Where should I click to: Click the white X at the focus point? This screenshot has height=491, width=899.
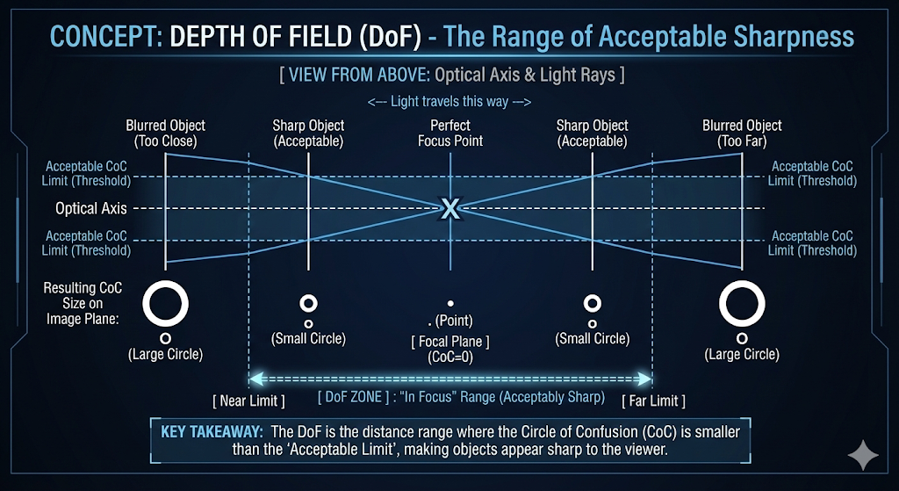tap(450, 208)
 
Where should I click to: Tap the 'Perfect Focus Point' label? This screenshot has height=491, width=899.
tap(450, 133)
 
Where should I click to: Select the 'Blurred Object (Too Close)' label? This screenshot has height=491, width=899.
tap(166, 133)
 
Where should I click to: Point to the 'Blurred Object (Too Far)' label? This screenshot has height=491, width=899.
tap(742, 133)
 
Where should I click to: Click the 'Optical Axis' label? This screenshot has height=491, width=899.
tap(91, 209)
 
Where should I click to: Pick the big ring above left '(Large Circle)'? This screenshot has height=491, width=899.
tap(166, 304)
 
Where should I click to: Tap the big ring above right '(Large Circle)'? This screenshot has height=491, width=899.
tap(742, 304)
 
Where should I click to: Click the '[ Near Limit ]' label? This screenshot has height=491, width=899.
tap(248, 401)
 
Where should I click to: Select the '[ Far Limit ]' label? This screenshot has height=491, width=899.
tap(652, 401)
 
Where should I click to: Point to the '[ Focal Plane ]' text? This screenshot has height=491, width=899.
tap(450, 341)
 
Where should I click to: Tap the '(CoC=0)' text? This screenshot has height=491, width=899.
tap(450, 357)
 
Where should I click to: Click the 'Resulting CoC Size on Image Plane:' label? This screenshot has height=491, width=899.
tap(83, 303)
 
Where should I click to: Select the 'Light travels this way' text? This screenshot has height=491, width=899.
tap(449, 101)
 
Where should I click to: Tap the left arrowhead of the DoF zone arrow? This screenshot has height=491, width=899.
tap(254, 379)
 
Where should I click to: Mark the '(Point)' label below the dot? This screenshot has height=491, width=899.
tap(455, 321)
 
